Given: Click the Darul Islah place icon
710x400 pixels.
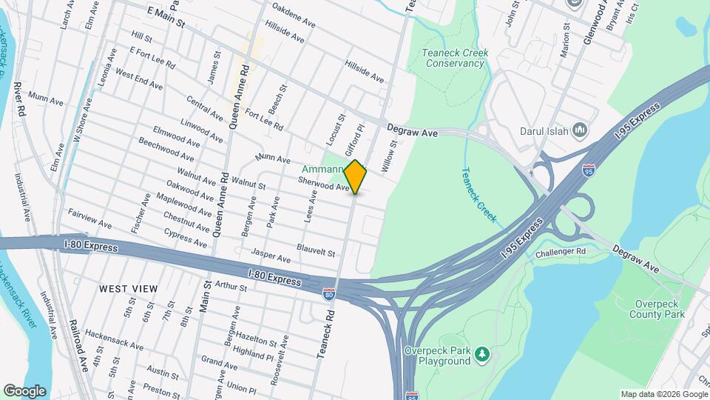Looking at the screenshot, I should (x=579, y=131).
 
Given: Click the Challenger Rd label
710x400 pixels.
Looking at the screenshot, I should (x=561, y=251).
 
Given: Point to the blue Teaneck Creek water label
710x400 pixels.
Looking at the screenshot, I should (x=478, y=196).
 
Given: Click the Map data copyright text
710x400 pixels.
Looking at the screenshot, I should (x=663, y=394).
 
